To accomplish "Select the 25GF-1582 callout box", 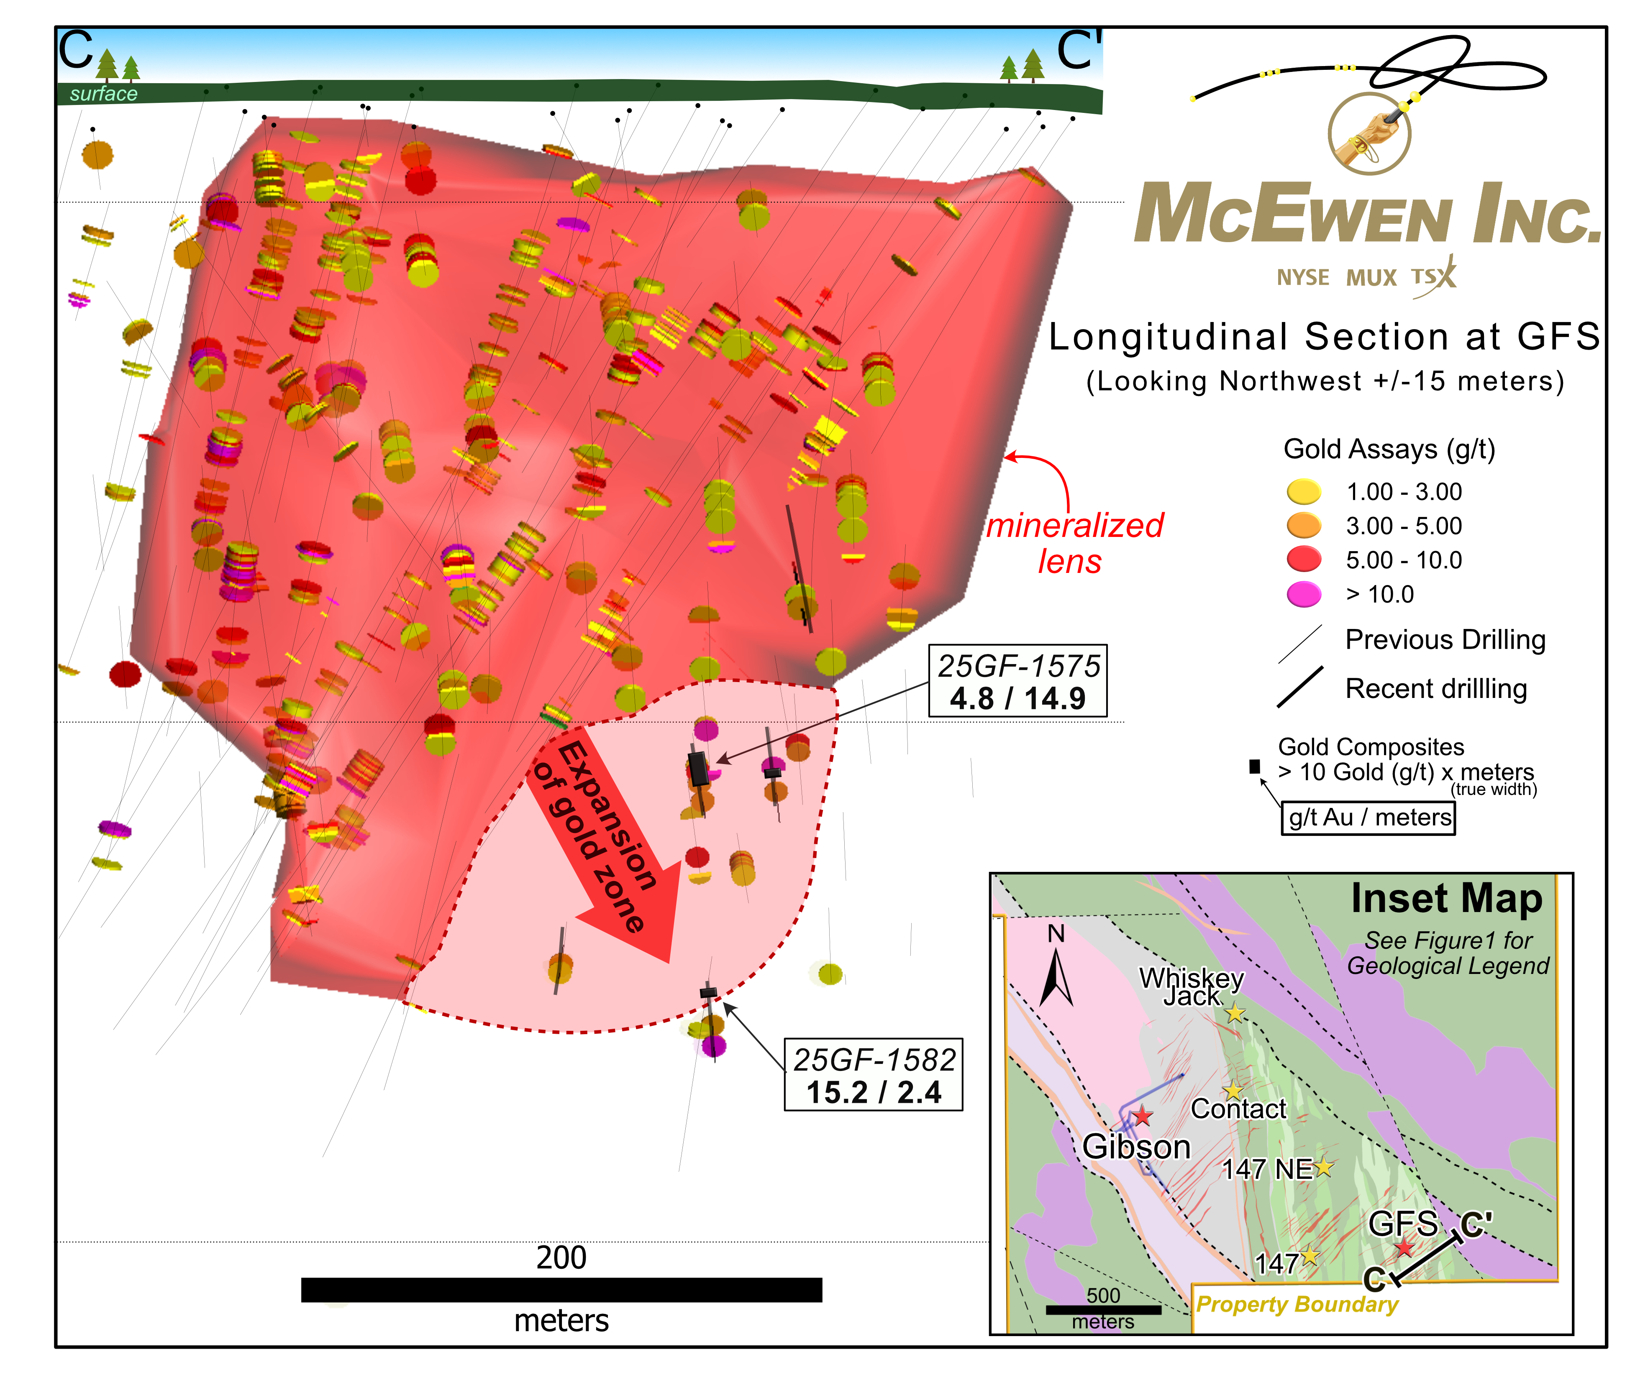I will coord(873,1075).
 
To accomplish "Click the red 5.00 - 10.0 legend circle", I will coord(1304,560).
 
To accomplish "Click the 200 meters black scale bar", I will coord(561,1290).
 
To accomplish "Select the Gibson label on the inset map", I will coord(1136,1147).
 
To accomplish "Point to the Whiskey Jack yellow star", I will coord(1235,1013).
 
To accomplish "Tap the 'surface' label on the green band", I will coord(103,94).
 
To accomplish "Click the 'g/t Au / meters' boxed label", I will coord(1368,818).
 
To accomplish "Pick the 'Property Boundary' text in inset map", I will coord(1297,1304).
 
